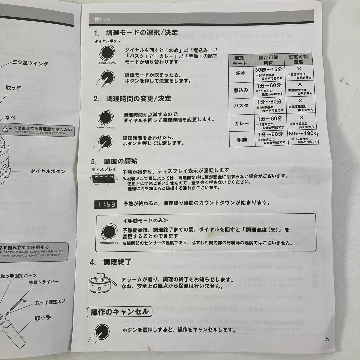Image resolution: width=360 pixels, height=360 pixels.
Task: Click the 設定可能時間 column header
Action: (x=268, y=60)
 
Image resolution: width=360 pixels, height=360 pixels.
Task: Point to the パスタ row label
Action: (x=241, y=106)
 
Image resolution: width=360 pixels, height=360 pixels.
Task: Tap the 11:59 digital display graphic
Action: (x=105, y=204)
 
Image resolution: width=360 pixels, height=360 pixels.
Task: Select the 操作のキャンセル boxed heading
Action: (x=120, y=312)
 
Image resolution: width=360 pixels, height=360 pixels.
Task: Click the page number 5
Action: (x=327, y=339)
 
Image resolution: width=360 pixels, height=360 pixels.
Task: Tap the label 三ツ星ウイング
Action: (x=30, y=63)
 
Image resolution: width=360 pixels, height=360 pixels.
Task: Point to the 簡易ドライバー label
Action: (x=43, y=282)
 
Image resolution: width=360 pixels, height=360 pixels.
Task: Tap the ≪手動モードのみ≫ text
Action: (x=145, y=221)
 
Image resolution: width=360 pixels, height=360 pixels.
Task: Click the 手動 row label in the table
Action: (x=241, y=140)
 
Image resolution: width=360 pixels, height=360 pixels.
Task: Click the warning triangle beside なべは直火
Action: (x=4, y=128)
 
